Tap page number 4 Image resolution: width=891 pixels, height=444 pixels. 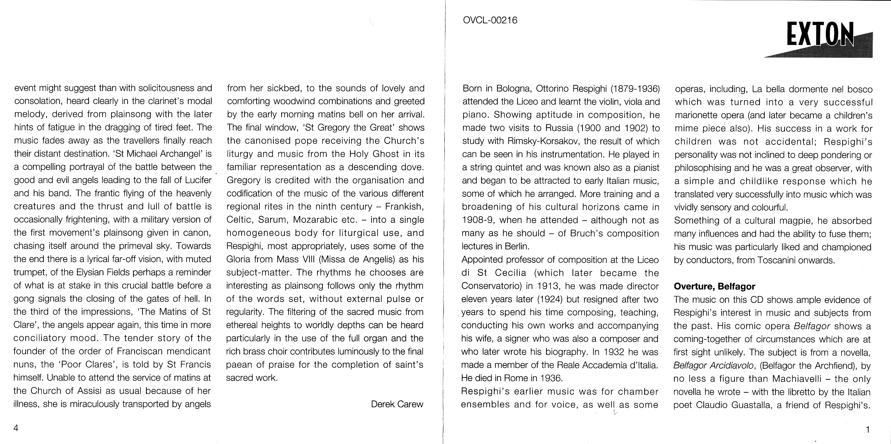[16, 428]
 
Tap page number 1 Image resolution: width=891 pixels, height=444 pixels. [867, 430]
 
